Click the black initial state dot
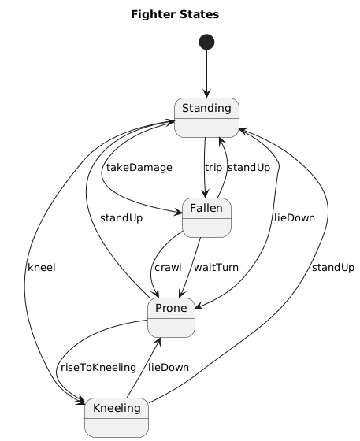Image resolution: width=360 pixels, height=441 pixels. (206, 42)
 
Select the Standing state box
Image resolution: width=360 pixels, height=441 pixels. (206, 117)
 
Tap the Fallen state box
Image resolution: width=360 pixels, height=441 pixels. (206, 217)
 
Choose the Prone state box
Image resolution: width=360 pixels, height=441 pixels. (171, 317)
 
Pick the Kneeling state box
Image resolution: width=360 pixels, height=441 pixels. (117, 417)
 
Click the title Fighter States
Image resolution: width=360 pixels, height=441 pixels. (175, 14)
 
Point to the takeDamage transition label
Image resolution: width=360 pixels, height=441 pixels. (139, 168)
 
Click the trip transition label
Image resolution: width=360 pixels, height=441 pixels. (213, 168)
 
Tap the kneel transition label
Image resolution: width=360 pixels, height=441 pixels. (41, 268)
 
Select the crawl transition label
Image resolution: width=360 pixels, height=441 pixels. (168, 268)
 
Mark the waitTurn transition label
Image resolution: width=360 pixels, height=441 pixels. (216, 268)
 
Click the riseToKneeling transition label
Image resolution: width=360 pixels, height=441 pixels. (98, 368)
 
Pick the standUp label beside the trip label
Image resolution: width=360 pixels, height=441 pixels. (249, 168)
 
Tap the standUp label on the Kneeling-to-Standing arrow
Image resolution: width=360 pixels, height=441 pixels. (333, 268)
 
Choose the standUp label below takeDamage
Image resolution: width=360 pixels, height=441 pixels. (121, 218)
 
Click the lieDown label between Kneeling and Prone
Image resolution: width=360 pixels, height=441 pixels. (169, 368)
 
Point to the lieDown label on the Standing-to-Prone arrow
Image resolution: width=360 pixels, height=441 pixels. (295, 218)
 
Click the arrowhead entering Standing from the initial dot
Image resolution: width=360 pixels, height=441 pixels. (206, 94)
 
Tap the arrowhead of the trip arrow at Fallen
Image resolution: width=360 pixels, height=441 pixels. (205, 194)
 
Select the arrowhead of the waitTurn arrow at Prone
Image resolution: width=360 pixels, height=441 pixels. (182, 294)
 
